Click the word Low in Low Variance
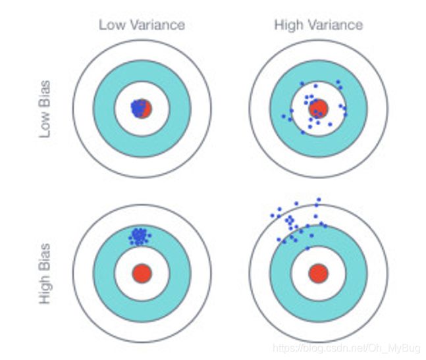112,25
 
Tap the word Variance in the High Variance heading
336,25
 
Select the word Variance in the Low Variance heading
157,25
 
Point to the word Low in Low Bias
45,124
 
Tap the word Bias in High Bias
45,254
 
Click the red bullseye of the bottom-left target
142,273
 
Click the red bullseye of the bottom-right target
319,273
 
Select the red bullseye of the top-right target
319,109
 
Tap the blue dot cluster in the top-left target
138,108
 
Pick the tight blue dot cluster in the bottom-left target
140,237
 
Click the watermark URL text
346,348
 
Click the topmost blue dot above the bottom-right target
319,200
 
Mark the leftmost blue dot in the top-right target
284,116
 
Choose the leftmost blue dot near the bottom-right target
273,216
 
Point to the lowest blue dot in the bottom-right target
307,248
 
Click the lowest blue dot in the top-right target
303,132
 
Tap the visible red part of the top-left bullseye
148,109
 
